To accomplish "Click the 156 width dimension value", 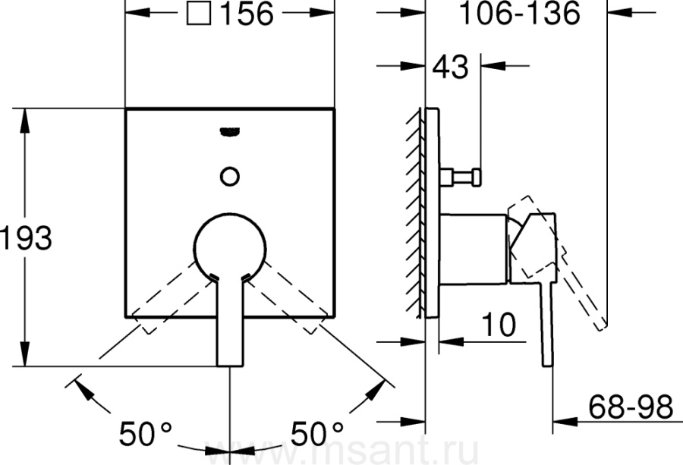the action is point(247,14).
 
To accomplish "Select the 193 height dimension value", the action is point(26,237).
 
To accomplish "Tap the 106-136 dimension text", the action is point(520,13).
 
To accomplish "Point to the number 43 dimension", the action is point(451,67).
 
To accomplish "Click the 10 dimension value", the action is point(499,325).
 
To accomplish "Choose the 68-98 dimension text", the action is point(631,407).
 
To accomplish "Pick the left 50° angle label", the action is point(145,433).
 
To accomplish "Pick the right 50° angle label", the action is point(316,433).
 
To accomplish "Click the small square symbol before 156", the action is point(199,13).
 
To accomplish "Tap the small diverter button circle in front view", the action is point(230,177).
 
